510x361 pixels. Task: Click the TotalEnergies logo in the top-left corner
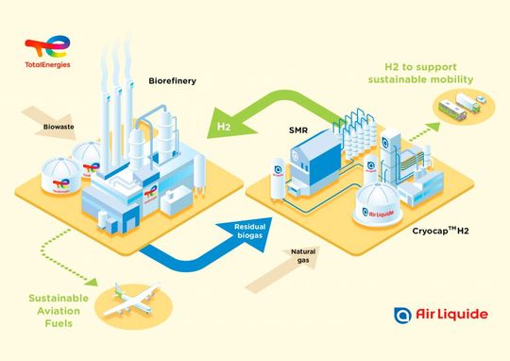47,52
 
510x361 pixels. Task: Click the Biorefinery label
172,82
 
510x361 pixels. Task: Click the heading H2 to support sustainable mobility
421,74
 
